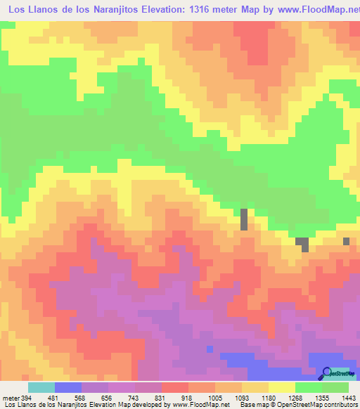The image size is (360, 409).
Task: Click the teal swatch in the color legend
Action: point(41,387)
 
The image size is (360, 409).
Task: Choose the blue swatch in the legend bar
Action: point(67,387)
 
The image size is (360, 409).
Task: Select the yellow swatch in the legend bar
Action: point(282,387)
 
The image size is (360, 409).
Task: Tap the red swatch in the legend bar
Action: point(175,387)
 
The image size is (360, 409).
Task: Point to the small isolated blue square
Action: point(210,349)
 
